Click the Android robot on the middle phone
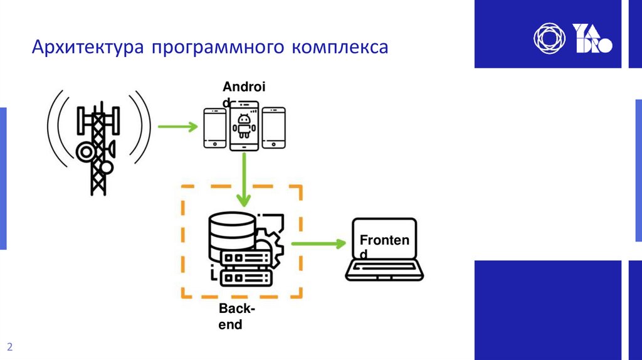coord(244,125)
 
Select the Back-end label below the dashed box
coord(236,317)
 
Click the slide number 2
coord(10,347)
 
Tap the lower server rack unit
coord(246,277)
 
